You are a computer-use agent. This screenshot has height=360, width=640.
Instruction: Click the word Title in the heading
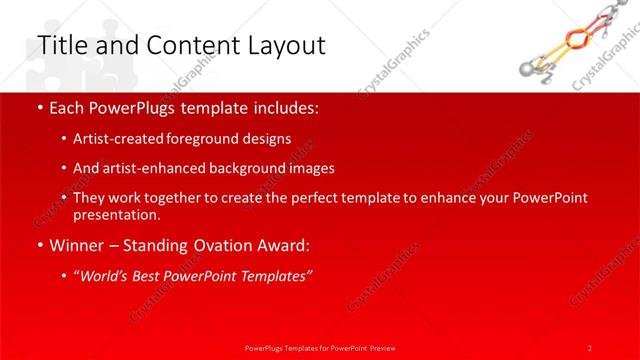[x=59, y=46]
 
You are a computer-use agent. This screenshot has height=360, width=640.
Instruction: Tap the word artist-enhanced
[x=150, y=168]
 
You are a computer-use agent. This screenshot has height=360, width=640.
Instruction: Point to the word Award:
[x=281, y=245]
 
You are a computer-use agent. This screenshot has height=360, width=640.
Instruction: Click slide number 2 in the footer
[x=590, y=347]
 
